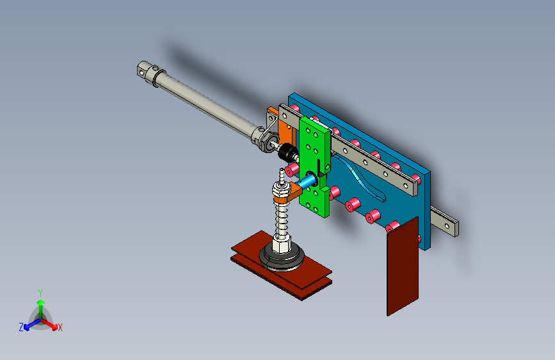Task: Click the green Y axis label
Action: click(x=40, y=292)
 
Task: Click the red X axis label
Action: click(x=60, y=328)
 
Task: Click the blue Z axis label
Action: click(x=21, y=327)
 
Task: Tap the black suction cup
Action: click(x=282, y=260)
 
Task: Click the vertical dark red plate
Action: click(x=403, y=266)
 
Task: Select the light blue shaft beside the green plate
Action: click(x=309, y=182)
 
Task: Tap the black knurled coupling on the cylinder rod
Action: click(x=287, y=153)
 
